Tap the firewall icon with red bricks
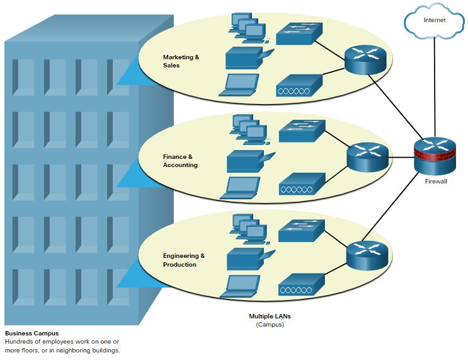point(435,157)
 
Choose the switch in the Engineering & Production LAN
point(301,231)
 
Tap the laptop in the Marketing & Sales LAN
point(239,85)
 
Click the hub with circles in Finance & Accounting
point(302,183)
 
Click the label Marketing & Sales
point(181,61)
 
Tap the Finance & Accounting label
point(180,161)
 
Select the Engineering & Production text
point(184,260)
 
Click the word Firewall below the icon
point(435,182)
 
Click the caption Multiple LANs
point(270,316)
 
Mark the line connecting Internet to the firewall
point(435,88)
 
